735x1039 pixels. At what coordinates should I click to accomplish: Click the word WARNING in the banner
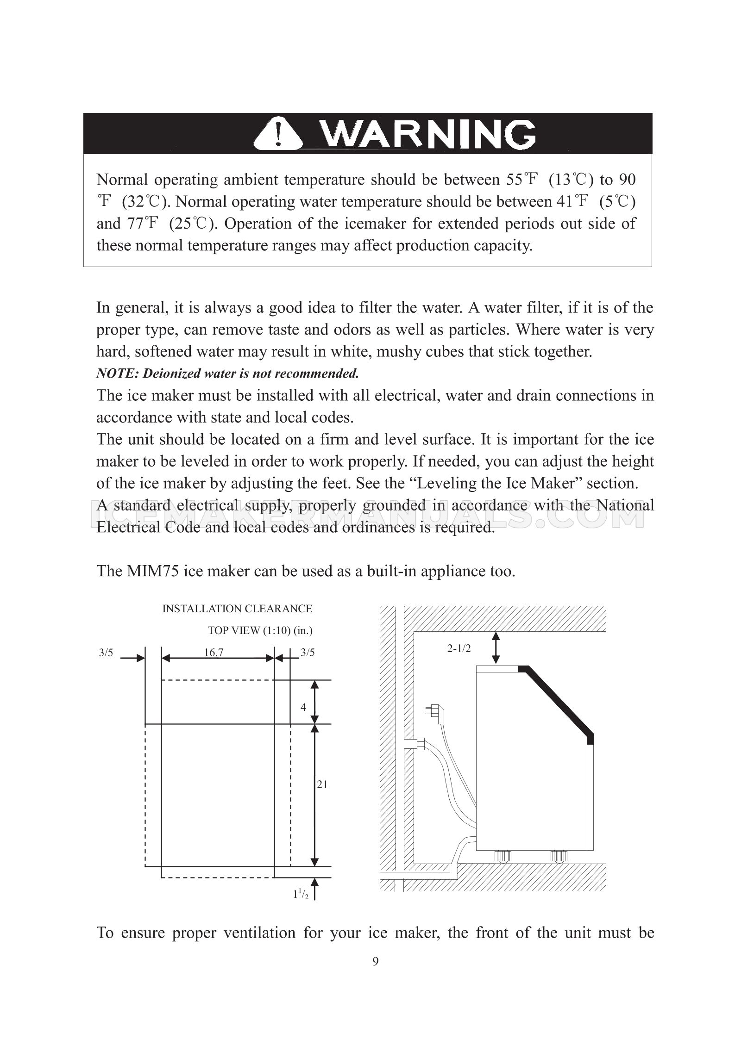click(428, 135)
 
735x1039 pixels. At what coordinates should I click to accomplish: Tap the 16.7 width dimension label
click(214, 653)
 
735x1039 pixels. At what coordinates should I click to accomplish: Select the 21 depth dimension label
click(322, 784)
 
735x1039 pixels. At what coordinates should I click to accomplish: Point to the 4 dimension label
click(303, 707)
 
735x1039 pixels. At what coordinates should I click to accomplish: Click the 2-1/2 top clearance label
click(459, 648)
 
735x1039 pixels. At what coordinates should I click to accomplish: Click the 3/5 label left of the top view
click(106, 653)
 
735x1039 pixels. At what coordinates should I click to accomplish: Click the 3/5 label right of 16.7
click(308, 653)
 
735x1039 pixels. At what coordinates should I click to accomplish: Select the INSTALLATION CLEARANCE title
click(237, 609)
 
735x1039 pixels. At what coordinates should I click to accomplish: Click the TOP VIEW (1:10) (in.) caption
click(260, 630)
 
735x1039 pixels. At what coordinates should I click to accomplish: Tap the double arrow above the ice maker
click(496, 648)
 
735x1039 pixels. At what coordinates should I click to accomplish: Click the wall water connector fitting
click(421, 744)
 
